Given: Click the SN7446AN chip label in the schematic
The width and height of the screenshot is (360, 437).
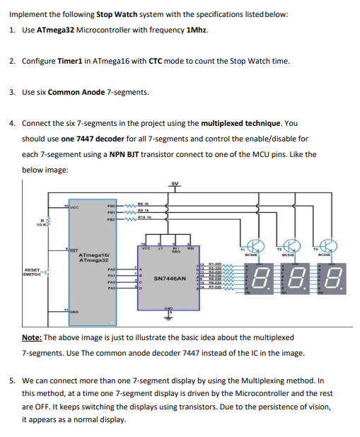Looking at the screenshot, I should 170,279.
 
